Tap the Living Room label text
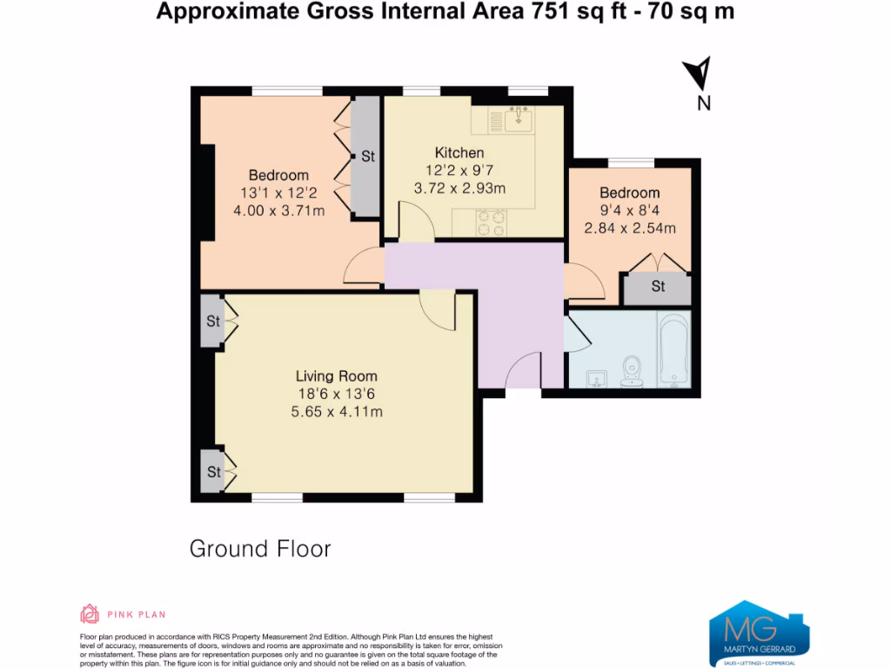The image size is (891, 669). click(x=336, y=376)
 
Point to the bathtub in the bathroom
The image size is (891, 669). click(x=674, y=351)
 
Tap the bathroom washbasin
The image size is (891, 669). click(x=596, y=378)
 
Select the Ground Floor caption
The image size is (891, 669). click(x=260, y=549)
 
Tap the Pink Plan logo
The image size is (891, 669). click(x=123, y=614)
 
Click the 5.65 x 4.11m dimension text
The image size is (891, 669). click(x=336, y=412)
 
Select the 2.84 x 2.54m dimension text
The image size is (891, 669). click(x=630, y=228)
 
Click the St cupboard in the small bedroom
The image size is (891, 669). click(x=658, y=287)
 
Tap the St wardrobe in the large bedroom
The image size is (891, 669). click(x=366, y=157)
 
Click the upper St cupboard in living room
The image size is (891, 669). click(x=212, y=321)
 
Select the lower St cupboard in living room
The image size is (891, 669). click(x=212, y=472)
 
